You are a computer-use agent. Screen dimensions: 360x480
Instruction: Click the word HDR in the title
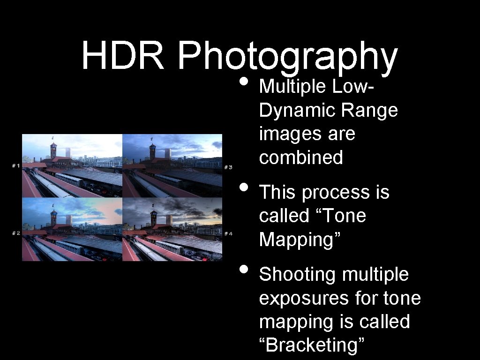[123, 55]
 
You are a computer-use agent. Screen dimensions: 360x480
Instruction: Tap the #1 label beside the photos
[15, 165]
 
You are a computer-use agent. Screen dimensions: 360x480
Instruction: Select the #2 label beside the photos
[15, 233]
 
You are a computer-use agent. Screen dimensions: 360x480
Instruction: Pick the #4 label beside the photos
[228, 233]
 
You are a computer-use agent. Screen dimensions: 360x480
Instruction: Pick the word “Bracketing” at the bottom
[312, 345]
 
